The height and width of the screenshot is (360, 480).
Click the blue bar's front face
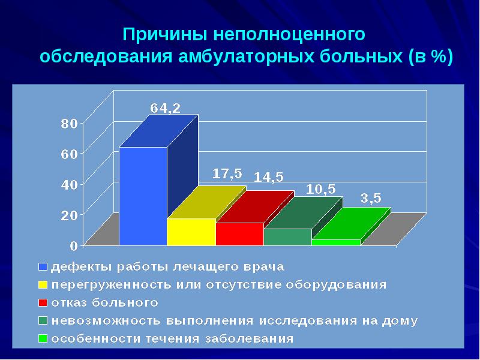(143, 196)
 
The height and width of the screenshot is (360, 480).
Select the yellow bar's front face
(191, 232)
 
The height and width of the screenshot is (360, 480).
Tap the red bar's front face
(239, 233)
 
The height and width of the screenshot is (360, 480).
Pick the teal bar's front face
(287, 236)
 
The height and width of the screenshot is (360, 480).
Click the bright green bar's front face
(335, 242)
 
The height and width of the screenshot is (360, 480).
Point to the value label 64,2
(165, 109)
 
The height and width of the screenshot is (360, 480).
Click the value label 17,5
(227, 173)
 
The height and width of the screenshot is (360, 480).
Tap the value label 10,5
(321, 190)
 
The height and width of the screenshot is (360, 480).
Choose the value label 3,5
(370, 199)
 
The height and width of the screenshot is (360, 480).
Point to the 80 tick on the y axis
(69, 124)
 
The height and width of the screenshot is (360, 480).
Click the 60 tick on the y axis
(69, 154)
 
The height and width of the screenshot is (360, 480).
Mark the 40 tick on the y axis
(69, 185)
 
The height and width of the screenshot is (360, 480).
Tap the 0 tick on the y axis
(73, 245)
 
